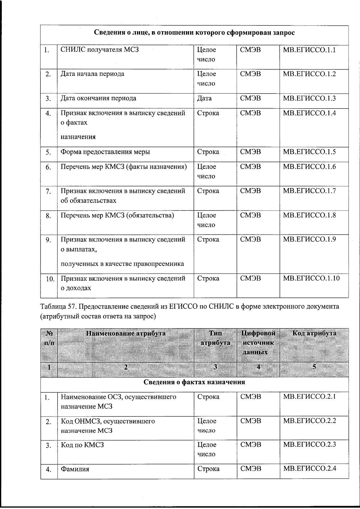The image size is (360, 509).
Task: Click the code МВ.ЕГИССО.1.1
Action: click(x=309, y=50)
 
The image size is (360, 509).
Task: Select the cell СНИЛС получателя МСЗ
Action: click(x=100, y=50)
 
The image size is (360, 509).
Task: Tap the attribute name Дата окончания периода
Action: click(x=98, y=98)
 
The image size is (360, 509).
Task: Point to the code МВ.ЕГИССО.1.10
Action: click(x=311, y=278)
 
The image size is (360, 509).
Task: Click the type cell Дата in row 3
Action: click(x=204, y=98)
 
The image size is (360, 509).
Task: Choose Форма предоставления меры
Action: click(x=105, y=152)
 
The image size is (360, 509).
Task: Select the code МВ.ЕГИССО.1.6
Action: click(x=309, y=166)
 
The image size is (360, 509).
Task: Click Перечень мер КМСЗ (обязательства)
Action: click(x=117, y=215)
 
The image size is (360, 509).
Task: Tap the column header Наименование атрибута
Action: click(x=126, y=333)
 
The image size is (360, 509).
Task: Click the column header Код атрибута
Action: click(x=314, y=333)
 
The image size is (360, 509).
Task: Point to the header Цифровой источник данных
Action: click(x=258, y=343)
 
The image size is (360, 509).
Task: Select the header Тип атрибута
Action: click(x=215, y=338)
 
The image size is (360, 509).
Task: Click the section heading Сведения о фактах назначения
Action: click(x=194, y=382)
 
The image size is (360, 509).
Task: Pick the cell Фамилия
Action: click(x=75, y=469)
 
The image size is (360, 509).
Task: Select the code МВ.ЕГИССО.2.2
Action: click(x=309, y=421)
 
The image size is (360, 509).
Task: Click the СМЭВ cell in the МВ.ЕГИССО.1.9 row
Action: click(x=250, y=239)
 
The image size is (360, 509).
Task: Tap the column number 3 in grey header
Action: click(x=215, y=367)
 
